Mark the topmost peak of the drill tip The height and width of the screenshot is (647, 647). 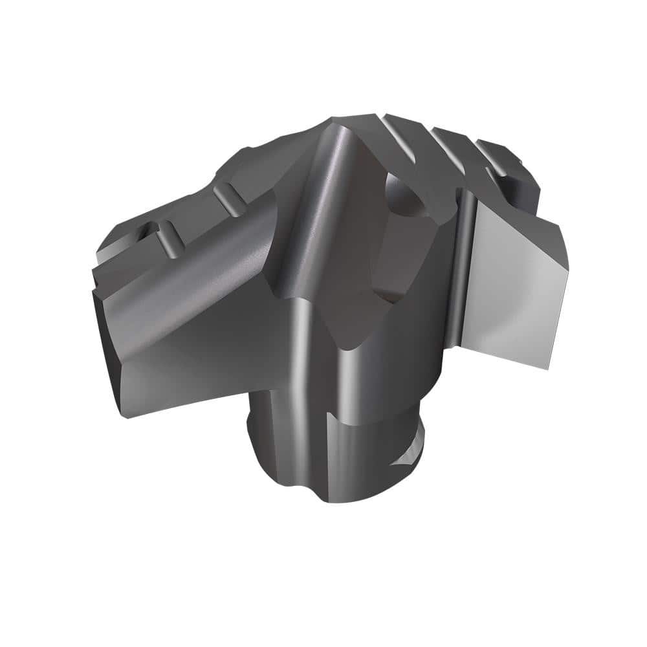pos(336,120)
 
